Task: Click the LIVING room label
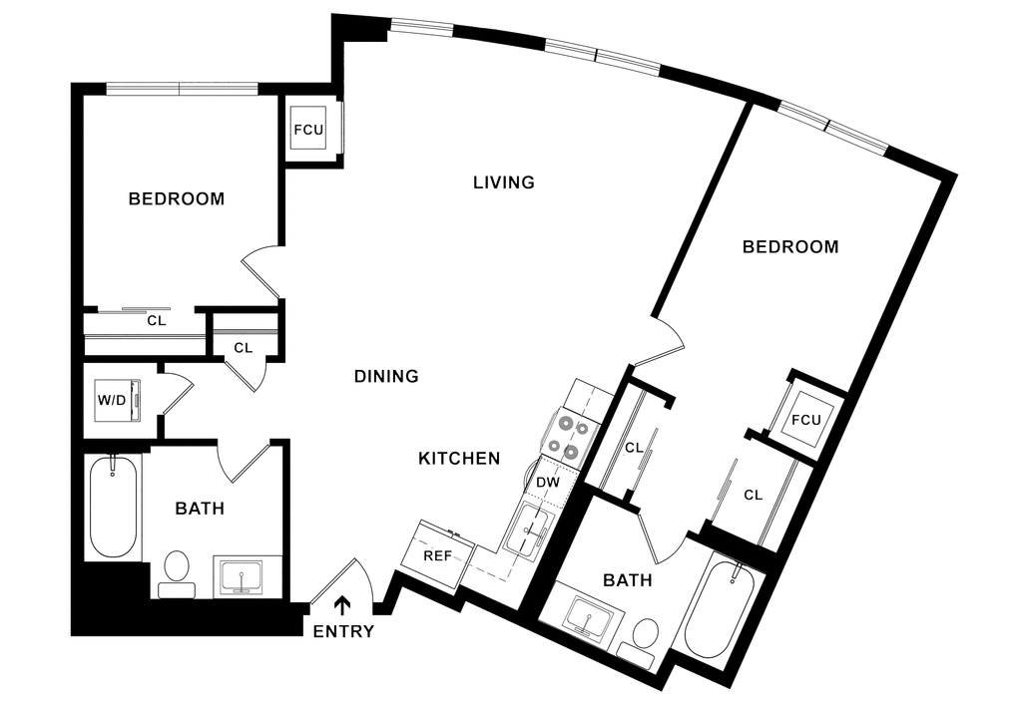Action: coord(505,182)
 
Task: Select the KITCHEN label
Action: coord(458,458)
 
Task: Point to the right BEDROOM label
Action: coord(791,247)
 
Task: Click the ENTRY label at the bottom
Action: coord(344,631)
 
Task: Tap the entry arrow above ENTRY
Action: coord(344,604)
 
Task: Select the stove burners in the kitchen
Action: coord(566,434)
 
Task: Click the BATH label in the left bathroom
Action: coord(201,509)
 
